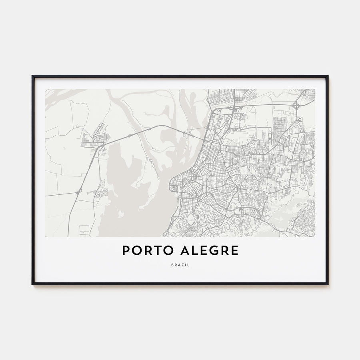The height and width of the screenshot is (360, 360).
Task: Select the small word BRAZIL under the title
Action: pyautogui.click(x=180, y=265)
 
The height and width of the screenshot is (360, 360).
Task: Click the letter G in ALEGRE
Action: pyautogui.click(x=215, y=251)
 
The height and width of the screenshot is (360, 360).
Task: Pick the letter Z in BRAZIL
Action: pyautogui.click(x=184, y=265)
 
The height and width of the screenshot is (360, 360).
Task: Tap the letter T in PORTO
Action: pyautogui.click(x=153, y=251)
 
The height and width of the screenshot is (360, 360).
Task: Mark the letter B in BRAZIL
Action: pyautogui.click(x=171, y=265)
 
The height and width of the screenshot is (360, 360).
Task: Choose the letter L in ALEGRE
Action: pyautogui.click(x=195, y=251)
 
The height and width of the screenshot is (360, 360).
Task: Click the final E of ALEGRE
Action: pyautogui.click(x=235, y=251)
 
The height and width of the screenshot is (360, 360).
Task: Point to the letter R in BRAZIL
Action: pyautogui.click(x=175, y=265)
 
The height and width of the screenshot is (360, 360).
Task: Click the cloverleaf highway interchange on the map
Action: pyautogui.click(x=296, y=106)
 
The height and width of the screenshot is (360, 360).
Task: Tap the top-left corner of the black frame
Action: pyautogui.click(x=33, y=76)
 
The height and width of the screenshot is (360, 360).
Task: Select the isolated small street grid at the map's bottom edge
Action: pyautogui.click(x=84, y=231)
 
